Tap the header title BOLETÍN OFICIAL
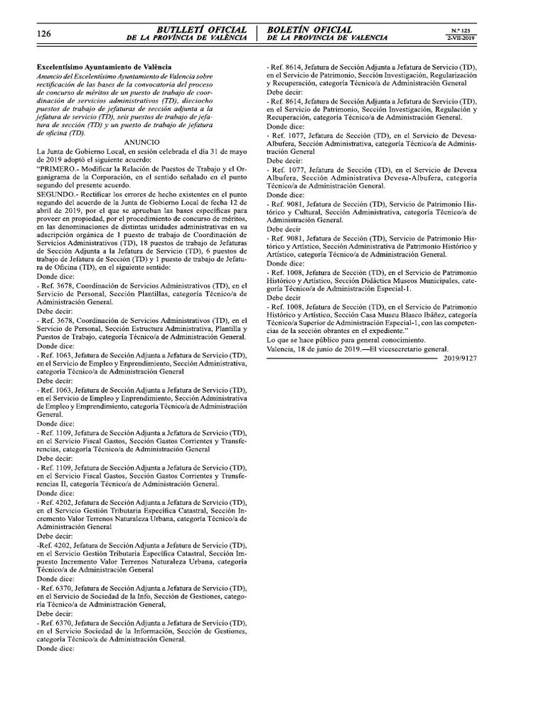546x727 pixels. [309, 29]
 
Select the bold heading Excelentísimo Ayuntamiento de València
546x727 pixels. [104, 66]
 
